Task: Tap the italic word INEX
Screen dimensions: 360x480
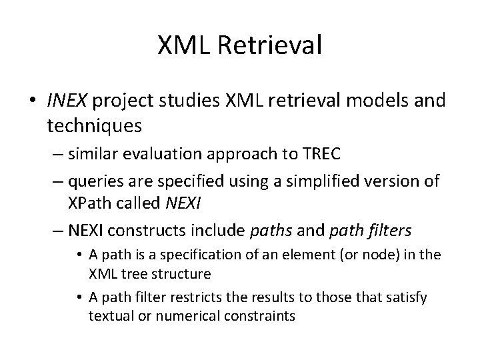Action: point(67,100)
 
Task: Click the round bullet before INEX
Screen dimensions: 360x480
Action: point(35,101)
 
